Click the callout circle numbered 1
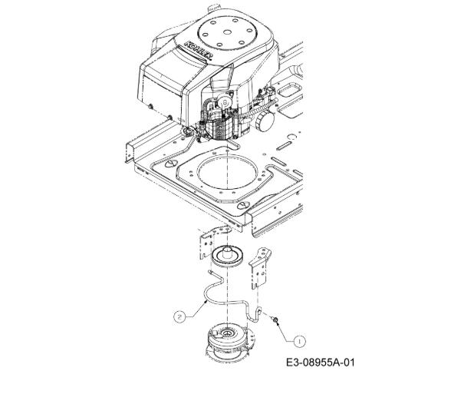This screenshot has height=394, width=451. click(300, 342)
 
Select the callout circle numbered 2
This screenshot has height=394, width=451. click(179, 317)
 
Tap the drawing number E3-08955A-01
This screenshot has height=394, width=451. click(321, 362)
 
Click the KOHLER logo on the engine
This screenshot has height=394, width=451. click(199, 51)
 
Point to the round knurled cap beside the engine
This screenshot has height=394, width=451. click(265, 121)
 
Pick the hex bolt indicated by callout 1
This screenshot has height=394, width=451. click(275, 320)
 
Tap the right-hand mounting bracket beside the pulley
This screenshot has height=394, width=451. click(261, 267)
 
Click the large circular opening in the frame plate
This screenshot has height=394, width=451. click(227, 171)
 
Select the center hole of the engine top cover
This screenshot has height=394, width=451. click(227, 31)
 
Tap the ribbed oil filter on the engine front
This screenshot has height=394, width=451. click(220, 130)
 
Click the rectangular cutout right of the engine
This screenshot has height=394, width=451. click(289, 90)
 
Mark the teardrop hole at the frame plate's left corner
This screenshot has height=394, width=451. click(169, 164)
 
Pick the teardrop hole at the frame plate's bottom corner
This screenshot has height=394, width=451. click(244, 205)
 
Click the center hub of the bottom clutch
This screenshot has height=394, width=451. click(226, 333)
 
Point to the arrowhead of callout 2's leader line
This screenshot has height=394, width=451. click(206, 301)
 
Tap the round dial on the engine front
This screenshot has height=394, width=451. click(224, 101)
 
